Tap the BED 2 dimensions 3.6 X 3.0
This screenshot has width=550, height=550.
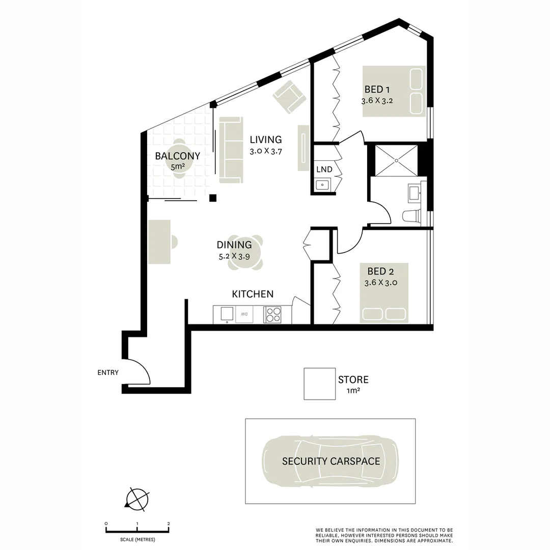(x=380, y=283)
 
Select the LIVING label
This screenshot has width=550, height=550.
(x=265, y=140)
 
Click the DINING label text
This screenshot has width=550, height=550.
(x=234, y=245)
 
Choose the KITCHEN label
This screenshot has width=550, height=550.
(x=253, y=294)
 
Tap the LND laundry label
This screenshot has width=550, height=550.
(x=324, y=170)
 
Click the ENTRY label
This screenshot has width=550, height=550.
(x=108, y=373)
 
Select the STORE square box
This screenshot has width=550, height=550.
(x=319, y=383)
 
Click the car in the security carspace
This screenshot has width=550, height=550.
(x=331, y=461)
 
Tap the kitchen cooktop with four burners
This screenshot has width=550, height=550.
(x=272, y=314)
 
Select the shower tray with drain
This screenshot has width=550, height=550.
(x=396, y=160)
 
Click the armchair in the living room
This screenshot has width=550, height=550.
(x=289, y=96)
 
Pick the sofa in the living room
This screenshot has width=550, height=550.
(x=231, y=150)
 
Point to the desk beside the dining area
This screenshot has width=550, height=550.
(x=159, y=242)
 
